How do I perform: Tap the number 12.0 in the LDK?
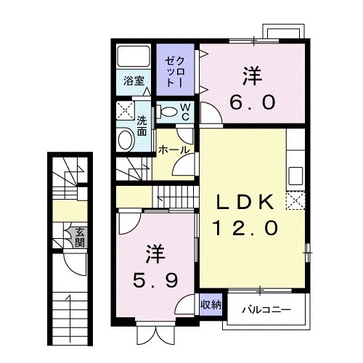(245, 229)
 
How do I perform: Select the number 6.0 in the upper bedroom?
(252, 101)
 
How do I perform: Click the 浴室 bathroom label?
(131, 80)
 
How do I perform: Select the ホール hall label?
(174, 150)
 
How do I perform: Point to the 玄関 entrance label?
(78, 237)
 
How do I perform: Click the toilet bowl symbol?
(167, 111)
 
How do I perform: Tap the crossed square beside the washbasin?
(125, 111)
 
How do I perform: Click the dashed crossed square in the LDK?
(295, 200)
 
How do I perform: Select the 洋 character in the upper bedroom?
(251, 75)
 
